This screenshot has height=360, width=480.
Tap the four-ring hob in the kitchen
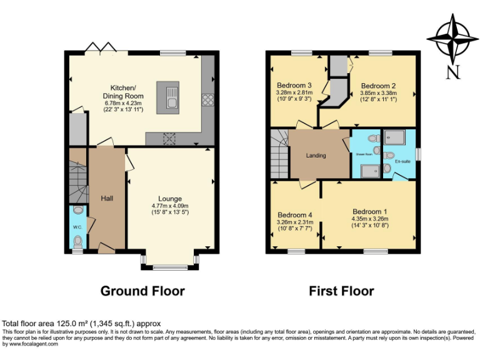pos(207,99)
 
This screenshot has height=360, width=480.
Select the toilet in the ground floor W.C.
pos(77,241)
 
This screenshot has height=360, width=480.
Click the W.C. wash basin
pos(77,210)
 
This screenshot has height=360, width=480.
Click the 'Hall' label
pos(107,198)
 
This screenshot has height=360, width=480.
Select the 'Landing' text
pos(316,156)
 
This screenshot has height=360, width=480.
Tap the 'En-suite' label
pos(402,161)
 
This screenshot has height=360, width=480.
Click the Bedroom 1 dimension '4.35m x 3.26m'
pos(370,219)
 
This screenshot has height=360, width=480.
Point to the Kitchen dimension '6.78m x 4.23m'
pos(123,104)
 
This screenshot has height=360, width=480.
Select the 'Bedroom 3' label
pos(294,86)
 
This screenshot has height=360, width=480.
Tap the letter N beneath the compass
pos(453,72)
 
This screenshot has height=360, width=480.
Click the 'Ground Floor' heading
pos(142,291)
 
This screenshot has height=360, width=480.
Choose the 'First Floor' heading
pos(341,291)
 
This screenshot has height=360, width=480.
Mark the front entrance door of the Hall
pos(106,250)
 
